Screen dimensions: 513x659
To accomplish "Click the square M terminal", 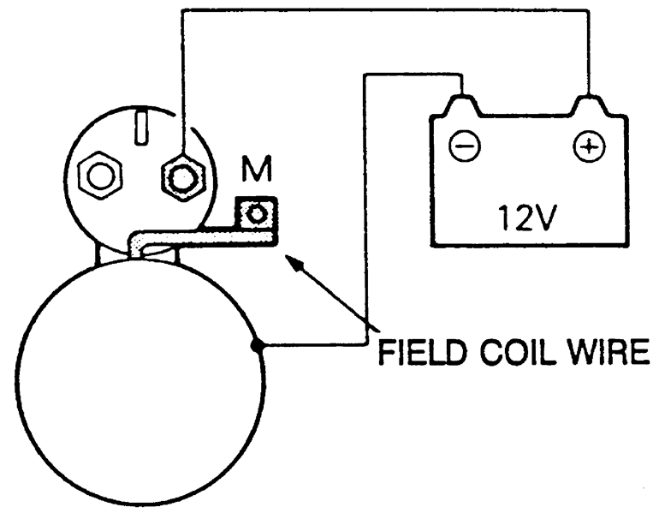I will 255,212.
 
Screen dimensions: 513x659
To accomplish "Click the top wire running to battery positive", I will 385,10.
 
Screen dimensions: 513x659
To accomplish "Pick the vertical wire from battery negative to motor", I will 365,214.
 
